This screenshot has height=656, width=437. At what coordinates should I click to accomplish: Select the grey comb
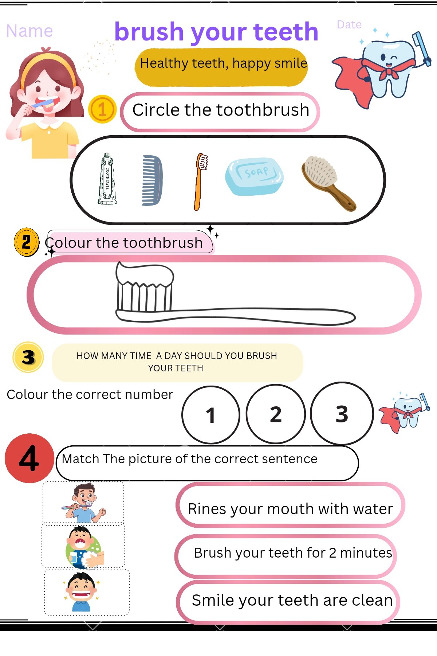pyautogui.click(x=152, y=180)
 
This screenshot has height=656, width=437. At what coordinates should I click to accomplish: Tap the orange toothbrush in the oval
pyautogui.click(x=200, y=181)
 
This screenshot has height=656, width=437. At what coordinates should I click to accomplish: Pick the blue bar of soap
pyautogui.click(x=254, y=176)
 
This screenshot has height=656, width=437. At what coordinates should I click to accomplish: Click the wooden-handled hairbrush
pyautogui.click(x=328, y=183)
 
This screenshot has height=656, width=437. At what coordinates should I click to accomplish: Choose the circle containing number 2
pyautogui.click(x=276, y=414)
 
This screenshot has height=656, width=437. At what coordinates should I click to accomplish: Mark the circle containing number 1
pyautogui.click(x=211, y=415)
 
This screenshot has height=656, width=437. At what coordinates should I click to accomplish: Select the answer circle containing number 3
pyautogui.click(x=342, y=413)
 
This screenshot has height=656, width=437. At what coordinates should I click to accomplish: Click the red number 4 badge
pyautogui.click(x=29, y=458)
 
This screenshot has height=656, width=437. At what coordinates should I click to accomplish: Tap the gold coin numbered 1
pyautogui.click(x=102, y=109)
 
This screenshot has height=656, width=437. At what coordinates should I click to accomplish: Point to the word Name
pyautogui.click(x=29, y=31)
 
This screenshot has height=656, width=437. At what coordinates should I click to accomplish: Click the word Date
pyautogui.click(x=349, y=24)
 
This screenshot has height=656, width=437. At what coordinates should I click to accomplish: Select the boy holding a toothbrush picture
pyautogui.click(x=83, y=502)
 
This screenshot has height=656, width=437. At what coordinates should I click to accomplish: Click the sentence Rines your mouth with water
pyautogui.click(x=291, y=509)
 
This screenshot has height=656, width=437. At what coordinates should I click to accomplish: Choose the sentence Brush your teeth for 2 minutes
pyautogui.click(x=293, y=553)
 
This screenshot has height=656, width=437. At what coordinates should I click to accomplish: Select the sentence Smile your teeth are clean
pyautogui.click(x=292, y=600)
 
